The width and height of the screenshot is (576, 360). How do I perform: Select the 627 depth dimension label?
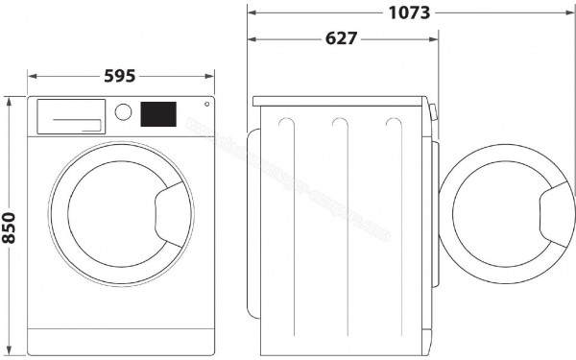(341, 38)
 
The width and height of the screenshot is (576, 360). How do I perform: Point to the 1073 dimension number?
(409, 12)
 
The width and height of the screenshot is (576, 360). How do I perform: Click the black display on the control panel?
(158, 114)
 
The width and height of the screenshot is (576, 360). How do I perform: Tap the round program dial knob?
(123, 112)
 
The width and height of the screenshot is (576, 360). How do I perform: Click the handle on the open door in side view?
(555, 208)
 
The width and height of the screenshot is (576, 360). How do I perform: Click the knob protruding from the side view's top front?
(435, 112)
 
